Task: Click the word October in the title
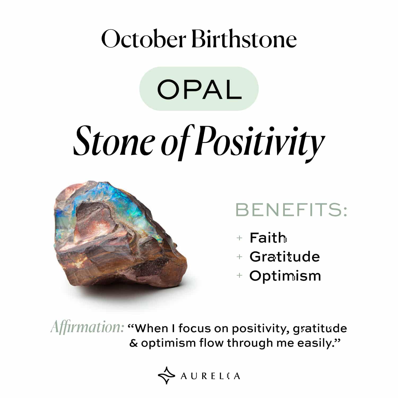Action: pyautogui.click(x=143, y=39)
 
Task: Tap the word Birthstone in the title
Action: pyautogui.click(x=244, y=39)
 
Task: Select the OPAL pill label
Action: pyautogui.click(x=199, y=89)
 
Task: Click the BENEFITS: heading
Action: pyautogui.click(x=291, y=210)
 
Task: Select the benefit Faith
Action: pyautogui.click(x=267, y=238)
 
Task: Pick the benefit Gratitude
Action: pyautogui.click(x=284, y=257)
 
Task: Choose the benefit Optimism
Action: pyautogui.click(x=285, y=276)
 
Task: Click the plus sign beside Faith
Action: pyautogui.click(x=239, y=238)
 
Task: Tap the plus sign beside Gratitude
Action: pyautogui.click(x=239, y=257)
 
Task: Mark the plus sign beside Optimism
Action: pyautogui.click(x=239, y=275)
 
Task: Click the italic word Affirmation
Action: pyautogui.click(x=87, y=327)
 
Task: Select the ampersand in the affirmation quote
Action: pyautogui.click(x=133, y=343)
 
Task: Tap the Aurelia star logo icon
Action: pyautogui.click(x=166, y=375)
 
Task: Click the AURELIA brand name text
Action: pyautogui.click(x=210, y=376)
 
